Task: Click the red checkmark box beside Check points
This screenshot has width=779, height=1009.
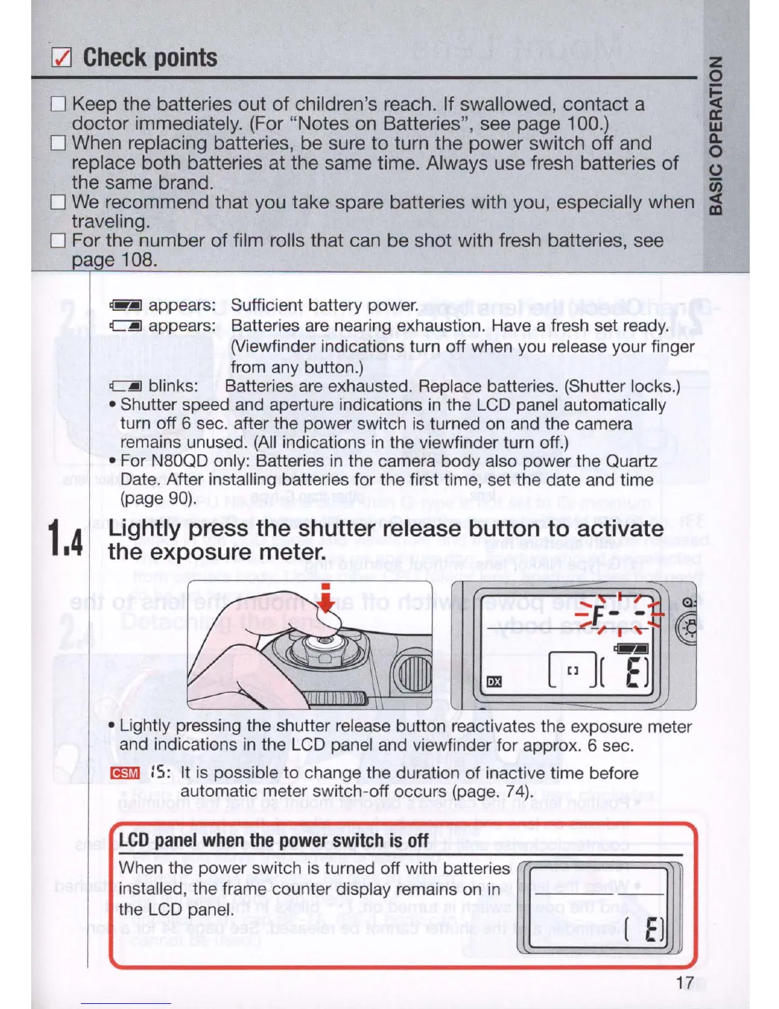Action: coord(61,58)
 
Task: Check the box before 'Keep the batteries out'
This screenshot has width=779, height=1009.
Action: coord(59,104)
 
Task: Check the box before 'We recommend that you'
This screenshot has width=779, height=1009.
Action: coord(59,202)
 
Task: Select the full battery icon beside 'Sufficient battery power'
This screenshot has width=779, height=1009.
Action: coord(125,306)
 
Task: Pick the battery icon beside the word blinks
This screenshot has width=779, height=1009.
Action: coord(125,387)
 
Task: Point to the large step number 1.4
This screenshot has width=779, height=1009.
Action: coord(66,539)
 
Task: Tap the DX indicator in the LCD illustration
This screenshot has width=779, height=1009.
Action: coord(494,682)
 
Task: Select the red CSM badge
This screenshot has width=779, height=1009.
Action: coord(125,773)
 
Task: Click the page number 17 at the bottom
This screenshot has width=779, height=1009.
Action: coord(685,983)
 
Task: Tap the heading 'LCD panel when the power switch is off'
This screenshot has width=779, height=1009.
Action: coord(273,841)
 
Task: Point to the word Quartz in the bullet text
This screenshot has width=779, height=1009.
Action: coord(631,461)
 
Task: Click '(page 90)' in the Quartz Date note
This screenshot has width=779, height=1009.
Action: coord(158,498)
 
